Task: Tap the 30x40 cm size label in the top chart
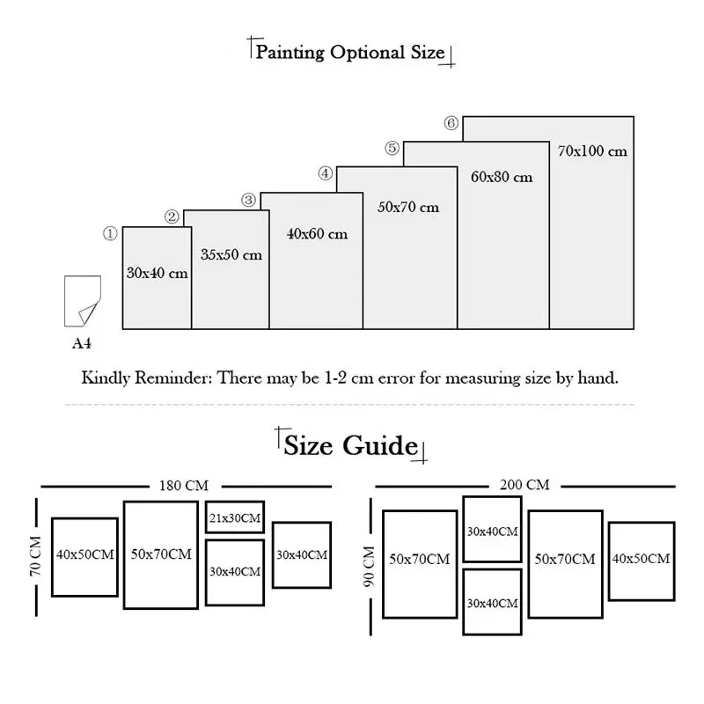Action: click(157, 274)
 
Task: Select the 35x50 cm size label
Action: click(231, 255)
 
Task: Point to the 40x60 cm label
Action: click(317, 234)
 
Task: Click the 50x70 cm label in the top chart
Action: click(407, 208)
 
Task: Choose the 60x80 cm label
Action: click(502, 177)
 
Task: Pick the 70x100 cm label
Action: click(592, 150)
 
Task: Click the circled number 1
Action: click(110, 234)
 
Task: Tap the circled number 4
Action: click(326, 173)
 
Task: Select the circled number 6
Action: click(451, 124)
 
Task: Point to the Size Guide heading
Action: click(349, 445)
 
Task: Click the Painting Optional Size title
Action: click(349, 52)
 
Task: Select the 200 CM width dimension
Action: click(525, 485)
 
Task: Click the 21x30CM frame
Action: click(235, 518)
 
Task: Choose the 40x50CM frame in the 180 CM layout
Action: click(84, 555)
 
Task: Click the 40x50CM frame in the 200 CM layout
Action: click(641, 559)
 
